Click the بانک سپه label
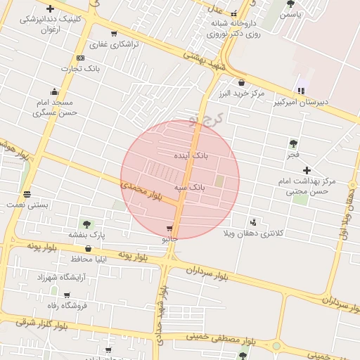pyautogui.click(x=190, y=188)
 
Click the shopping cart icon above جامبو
pyautogui.click(x=169, y=229)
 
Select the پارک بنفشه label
pyautogui.click(x=86, y=235)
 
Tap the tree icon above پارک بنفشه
pyautogui.click(x=86, y=224)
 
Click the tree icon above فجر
pyautogui.click(x=292, y=143)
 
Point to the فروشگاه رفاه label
pyautogui.click(x=67, y=305)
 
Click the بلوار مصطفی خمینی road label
pyautogui.click(x=218, y=340)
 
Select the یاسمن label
pyautogui.click(x=290, y=14)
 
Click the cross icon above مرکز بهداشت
pyautogui.click(x=307, y=170)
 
